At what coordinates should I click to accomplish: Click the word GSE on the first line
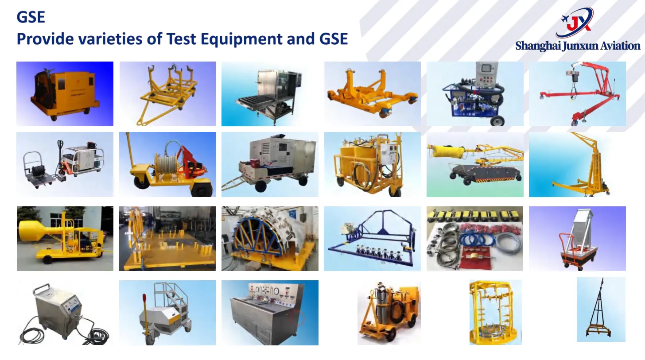tap(31, 18)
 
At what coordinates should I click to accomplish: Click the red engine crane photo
tap(577, 93)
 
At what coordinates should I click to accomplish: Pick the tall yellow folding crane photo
tap(577, 164)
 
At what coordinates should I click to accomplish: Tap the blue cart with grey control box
tap(475, 93)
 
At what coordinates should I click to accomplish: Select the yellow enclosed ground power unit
tap(65, 93)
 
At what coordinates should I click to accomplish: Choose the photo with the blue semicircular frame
tap(269, 238)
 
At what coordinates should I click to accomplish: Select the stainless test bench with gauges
tap(269, 313)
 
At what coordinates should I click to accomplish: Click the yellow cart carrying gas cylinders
tap(389, 313)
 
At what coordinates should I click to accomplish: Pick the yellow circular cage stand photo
tap(495, 312)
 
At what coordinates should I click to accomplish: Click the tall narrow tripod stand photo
tap(601, 310)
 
